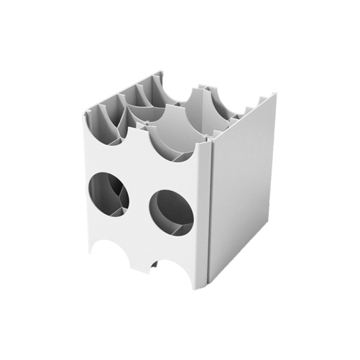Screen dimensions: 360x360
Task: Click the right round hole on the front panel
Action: tap(170, 213)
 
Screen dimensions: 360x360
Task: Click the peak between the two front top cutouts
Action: tap(141, 129)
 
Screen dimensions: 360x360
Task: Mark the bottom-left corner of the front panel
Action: tap(90, 251)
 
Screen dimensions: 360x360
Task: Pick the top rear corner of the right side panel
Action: tap(275, 93)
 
